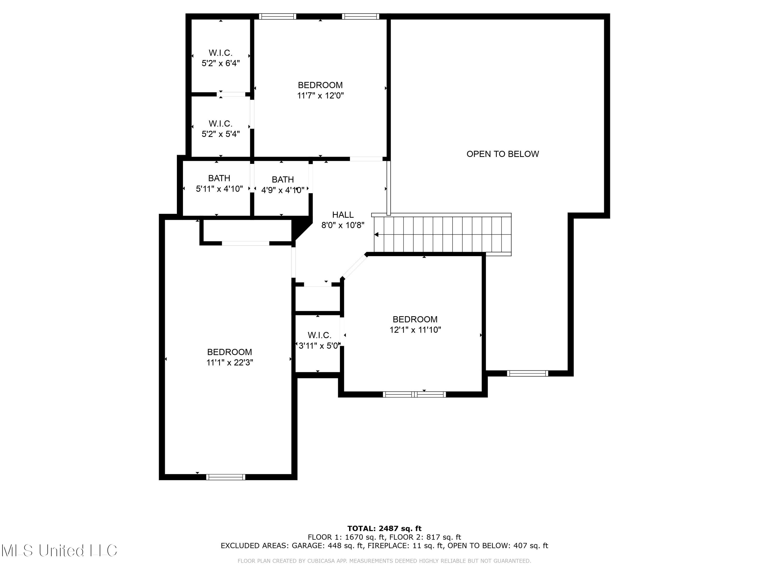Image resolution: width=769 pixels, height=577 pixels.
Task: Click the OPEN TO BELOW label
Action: pyautogui.click(x=502, y=154)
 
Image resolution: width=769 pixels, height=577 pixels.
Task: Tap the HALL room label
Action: pyautogui.click(x=343, y=215)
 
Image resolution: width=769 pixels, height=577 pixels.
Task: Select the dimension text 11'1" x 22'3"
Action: pyautogui.click(x=229, y=362)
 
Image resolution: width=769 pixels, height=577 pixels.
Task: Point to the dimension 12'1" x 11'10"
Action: pyautogui.click(x=415, y=330)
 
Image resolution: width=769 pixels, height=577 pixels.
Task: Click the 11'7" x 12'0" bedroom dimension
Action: pyautogui.click(x=320, y=95)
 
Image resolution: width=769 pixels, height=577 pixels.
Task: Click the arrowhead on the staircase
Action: pyautogui.click(x=376, y=235)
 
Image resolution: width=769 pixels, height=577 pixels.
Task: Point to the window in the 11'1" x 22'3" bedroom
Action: pyautogui.click(x=226, y=477)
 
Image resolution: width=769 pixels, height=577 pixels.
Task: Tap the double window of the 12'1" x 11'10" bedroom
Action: pyautogui.click(x=414, y=394)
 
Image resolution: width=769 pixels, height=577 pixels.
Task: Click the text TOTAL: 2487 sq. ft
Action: pyautogui.click(x=384, y=529)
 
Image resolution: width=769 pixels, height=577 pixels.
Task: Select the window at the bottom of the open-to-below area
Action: pyautogui.click(x=527, y=373)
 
